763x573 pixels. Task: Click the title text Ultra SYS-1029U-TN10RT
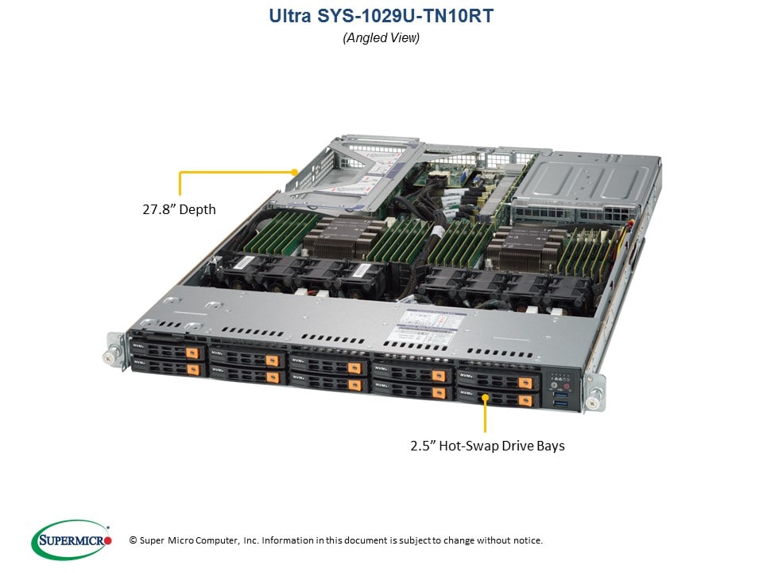(381, 15)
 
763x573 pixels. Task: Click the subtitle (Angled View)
(381, 37)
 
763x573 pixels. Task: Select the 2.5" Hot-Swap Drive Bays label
(487, 446)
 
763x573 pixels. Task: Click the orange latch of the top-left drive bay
(191, 352)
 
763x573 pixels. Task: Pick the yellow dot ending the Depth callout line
(295, 170)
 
